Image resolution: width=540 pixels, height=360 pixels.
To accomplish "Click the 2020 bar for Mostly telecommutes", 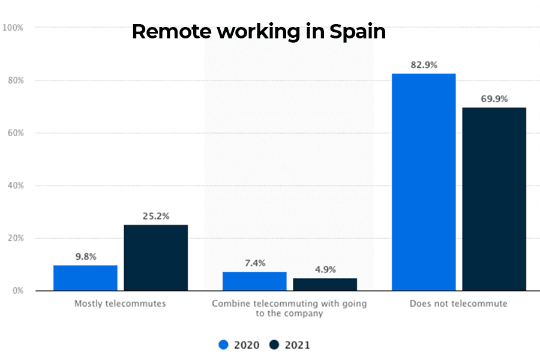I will [x=85, y=278].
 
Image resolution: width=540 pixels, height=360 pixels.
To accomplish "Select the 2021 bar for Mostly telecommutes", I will [x=156, y=258].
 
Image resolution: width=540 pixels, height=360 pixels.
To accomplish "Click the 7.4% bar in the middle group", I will [x=254, y=281].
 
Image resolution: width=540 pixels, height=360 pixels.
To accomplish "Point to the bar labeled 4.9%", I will [x=325, y=284].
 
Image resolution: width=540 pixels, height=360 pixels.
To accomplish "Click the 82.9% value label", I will [x=424, y=65].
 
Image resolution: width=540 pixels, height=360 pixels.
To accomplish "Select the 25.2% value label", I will [x=156, y=216].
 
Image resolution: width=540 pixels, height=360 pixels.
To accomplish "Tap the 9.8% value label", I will [x=85, y=256].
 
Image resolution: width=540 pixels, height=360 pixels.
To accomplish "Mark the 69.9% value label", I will [x=494, y=99].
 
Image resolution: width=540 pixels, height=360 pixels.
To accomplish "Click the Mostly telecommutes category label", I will [x=120, y=304].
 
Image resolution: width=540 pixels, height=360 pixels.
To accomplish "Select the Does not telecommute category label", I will [x=458, y=304].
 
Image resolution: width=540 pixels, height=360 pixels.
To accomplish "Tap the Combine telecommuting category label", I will [x=289, y=308].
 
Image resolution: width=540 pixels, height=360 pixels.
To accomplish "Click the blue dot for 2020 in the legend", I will [x=224, y=345].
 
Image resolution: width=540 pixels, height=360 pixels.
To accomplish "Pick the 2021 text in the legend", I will [x=298, y=345].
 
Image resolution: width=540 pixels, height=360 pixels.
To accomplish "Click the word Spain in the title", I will [x=358, y=31].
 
